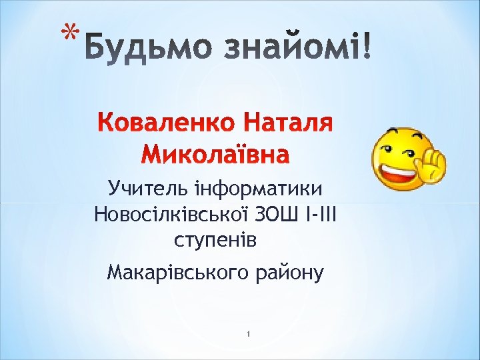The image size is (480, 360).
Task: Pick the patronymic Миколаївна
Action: [x=216, y=155]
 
